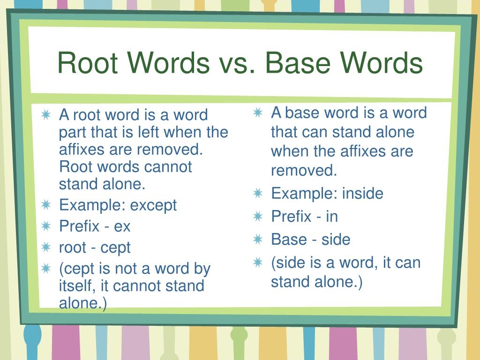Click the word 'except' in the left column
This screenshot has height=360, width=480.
tap(153, 205)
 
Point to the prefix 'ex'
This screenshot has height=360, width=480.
tap(122, 227)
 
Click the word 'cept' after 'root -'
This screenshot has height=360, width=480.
tap(115, 248)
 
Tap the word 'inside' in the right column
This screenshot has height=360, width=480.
tap(362, 194)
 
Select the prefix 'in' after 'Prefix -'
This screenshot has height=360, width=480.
tap(332, 217)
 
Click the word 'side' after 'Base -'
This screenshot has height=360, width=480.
tap(336, 240)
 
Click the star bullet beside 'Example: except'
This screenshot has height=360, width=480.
tap(46, 204)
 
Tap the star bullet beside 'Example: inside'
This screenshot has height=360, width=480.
tap(258, 193)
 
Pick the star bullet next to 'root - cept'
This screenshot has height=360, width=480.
tap(46, 247)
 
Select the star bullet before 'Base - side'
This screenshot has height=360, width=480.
tap(258, 239)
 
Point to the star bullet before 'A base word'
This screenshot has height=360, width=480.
tap(258, 112)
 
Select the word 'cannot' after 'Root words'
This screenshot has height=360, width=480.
tap(168, 167)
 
